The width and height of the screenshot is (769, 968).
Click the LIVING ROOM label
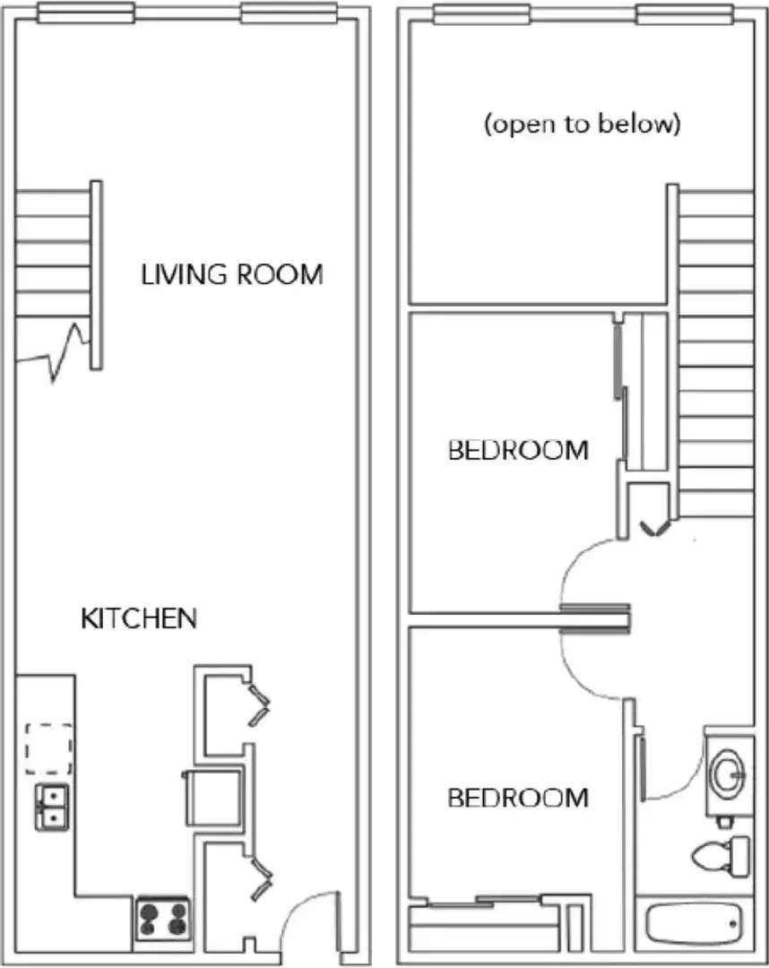pyautogui.click(x=232, y=275)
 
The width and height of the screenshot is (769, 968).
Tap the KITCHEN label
pyautogui.click(x=139, y=618)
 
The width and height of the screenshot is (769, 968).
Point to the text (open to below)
pyautogui.click(x=582, y=124)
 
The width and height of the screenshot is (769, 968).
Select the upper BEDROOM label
pyautogui.click(x=518, y=450)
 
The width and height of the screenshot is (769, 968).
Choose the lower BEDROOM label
pyautogui.click(x=518, y=798)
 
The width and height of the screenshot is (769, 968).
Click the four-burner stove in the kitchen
pyautogui.click(x=163, y=919)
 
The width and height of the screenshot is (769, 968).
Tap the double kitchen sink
pyautogui.click(x=52, y=807)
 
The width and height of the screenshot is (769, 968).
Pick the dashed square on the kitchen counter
pyautogui.click(x=48, y=748)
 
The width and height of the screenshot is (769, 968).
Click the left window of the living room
pyautogui.click(x=86, y=13)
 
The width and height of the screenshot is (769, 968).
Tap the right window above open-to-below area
pyautogui.click(x=685, y=13)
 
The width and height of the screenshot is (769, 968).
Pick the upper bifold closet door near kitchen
pyautogui.click(x=259, y=704)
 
